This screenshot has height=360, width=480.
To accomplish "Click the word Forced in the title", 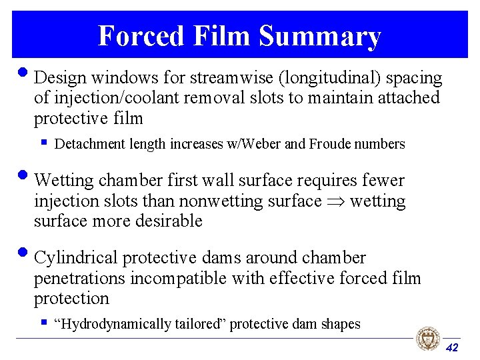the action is click(x=141, y=35).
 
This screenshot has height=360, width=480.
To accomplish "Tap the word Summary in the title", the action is click(x=320, y=37).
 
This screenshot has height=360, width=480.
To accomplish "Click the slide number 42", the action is click(x=452, y=347).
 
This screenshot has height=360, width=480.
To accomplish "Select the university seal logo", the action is click(x=428, y=338).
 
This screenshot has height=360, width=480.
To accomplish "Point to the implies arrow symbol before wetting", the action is click(x=336, y=201).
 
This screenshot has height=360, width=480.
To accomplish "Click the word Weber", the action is click(x=261, y=143).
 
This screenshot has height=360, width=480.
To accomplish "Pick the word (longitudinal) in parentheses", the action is click(x=330, y=78).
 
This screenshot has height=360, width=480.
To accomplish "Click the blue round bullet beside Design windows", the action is click(x=23, y=73).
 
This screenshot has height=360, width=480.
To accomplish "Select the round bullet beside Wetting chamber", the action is click(x=23, y=175).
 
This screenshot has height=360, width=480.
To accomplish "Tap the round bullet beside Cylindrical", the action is click(x=23, y=253).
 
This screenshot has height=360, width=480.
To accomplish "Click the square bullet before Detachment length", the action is click(x=45, y=142).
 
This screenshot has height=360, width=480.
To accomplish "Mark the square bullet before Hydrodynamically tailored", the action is click(x=45, y=322).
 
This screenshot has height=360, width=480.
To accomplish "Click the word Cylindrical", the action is click(x=75, y=258).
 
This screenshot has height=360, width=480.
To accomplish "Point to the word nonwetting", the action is click(x=221, y=202).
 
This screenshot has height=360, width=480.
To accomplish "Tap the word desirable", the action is click(x=169, y=221).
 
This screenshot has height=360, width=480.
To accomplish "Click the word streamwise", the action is click(x=232, y=77).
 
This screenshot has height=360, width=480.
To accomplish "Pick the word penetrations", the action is click(x=79, y=279).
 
